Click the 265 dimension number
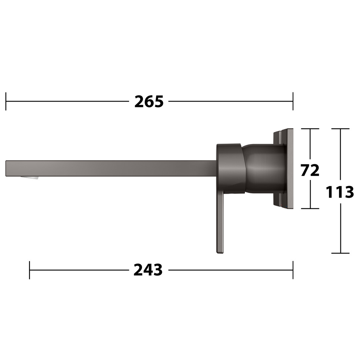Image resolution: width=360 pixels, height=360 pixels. [149, 101]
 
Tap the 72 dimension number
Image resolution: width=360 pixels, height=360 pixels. [310, 170]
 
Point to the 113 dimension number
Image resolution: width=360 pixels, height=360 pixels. [340, 192]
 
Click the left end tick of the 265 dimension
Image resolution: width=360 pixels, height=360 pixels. [6, 101]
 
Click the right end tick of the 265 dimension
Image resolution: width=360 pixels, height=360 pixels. [293, 101]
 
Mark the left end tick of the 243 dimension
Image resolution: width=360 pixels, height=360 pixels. [30, 270]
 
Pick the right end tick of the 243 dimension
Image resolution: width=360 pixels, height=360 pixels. [293, 270]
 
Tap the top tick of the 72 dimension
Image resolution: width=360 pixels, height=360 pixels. [310, 129]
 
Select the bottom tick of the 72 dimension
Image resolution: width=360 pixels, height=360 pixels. [310, 208]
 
